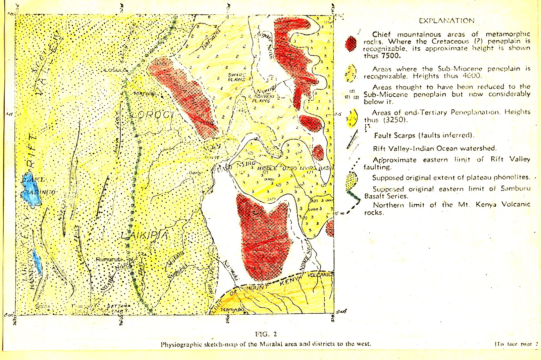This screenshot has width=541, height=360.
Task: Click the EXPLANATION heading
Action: [447, 21]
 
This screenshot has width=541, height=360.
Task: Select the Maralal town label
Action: [145, 94]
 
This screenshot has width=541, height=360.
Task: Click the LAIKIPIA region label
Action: [144, 235]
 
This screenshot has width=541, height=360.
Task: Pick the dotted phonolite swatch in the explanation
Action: [351, 180]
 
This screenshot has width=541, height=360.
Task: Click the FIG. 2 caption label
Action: [266, 334]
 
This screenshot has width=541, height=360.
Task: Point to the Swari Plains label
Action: [237, 77]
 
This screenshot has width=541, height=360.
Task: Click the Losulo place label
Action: [115, 70]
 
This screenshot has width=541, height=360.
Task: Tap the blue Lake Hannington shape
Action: [38, 263]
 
